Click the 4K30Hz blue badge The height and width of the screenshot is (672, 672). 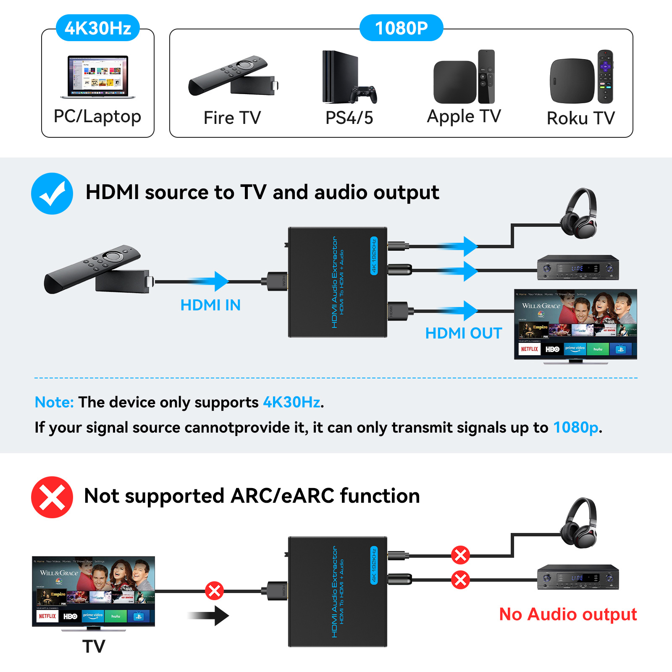coord(98,28)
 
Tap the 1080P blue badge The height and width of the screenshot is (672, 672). coord(401,28)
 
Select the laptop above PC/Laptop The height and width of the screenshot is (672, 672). coord(98,77)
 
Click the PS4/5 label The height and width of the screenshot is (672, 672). coord(349,118)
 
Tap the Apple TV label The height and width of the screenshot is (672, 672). coord(464,116)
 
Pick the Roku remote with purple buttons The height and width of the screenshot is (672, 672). coord(605,76)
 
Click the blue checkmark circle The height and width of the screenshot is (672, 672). coord(52,194)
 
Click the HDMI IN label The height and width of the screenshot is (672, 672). coord(210,305)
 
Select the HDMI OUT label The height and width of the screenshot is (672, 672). coord(463,333)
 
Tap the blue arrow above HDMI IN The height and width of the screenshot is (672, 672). coord(210,281)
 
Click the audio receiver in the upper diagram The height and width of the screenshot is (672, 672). coord(578,268)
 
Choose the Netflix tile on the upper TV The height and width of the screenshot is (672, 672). coord(529,349)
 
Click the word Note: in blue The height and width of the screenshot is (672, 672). coord(54,402)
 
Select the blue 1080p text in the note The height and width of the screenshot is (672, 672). coord(576,428)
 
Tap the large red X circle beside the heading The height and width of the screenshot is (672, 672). coord(52,497)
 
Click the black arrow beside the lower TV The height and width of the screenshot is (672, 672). coord(210,616)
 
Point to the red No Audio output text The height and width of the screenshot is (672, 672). coord(568,614)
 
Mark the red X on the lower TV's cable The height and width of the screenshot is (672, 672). coord(214,591)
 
